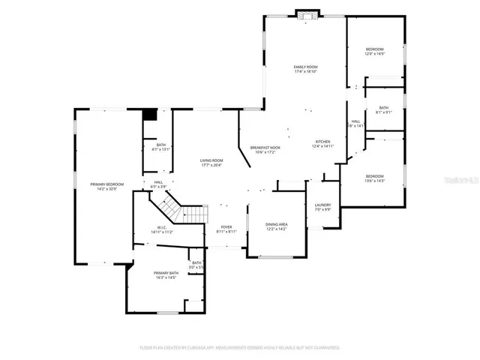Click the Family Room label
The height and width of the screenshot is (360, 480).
point(305,67)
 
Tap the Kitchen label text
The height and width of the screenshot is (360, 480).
point(322,142)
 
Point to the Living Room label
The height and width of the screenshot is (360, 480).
point(211,160)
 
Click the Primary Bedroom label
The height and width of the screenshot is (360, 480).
point(107,184)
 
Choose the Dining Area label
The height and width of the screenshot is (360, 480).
point(277,224)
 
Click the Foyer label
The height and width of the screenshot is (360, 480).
point(226,227)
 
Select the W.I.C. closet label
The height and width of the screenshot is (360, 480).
point(161,228)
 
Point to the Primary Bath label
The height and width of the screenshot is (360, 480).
point(166,273)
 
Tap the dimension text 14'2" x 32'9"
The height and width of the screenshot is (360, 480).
point(107,189)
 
